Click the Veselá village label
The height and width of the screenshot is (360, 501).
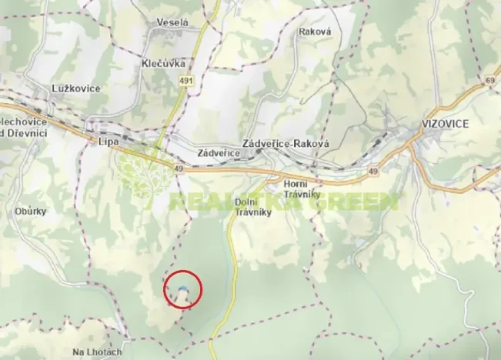tap(172, 23)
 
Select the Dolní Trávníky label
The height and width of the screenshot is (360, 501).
tap(249, 206)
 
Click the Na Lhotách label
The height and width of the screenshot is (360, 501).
tap(97, 352)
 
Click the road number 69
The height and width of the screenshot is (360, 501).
tap(490, 80)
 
